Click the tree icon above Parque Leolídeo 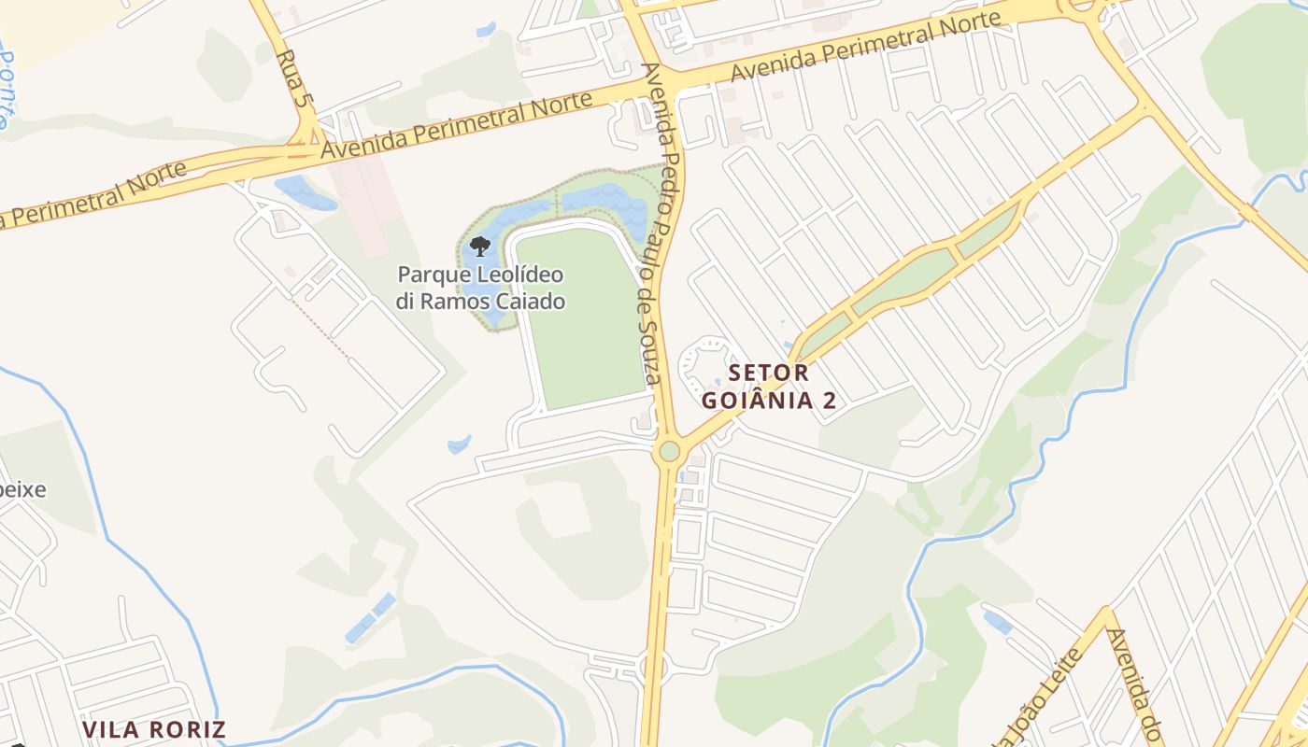point(479,247)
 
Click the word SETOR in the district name point(768,373)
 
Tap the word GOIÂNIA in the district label point(758,401)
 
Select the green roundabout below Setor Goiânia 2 point(669,452)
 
